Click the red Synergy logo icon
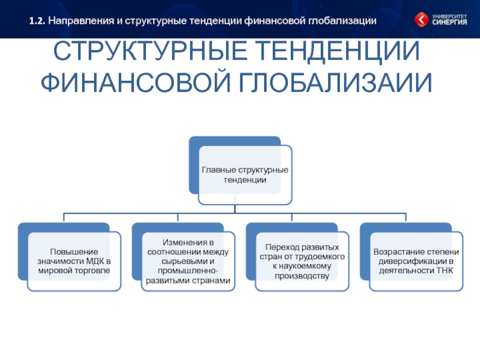(422, 20)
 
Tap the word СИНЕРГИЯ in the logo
(450, 23)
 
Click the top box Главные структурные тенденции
(244, 175)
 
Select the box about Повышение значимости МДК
(75, 262)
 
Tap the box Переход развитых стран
(301, 262)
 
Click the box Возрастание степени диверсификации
(416, 262)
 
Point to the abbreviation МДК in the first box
(96, 262)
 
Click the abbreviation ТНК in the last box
(445, 271)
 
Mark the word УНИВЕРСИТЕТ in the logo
(449, 16)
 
